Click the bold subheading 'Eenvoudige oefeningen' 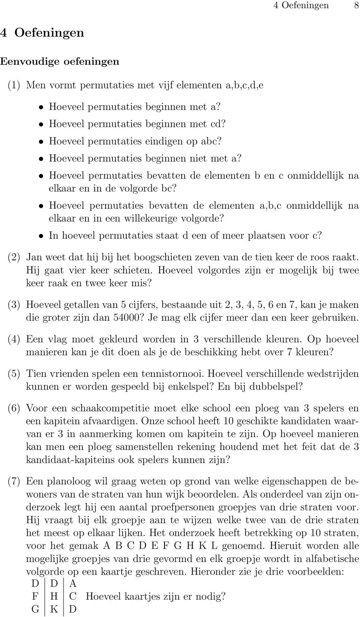point(60,61)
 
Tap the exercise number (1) point(14,85)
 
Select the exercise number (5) point(14,374)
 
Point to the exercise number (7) point(14,482)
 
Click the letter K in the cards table point(54,610)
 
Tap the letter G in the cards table point(35,610)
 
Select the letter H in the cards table point(54,597)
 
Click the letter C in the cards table point(72,597)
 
